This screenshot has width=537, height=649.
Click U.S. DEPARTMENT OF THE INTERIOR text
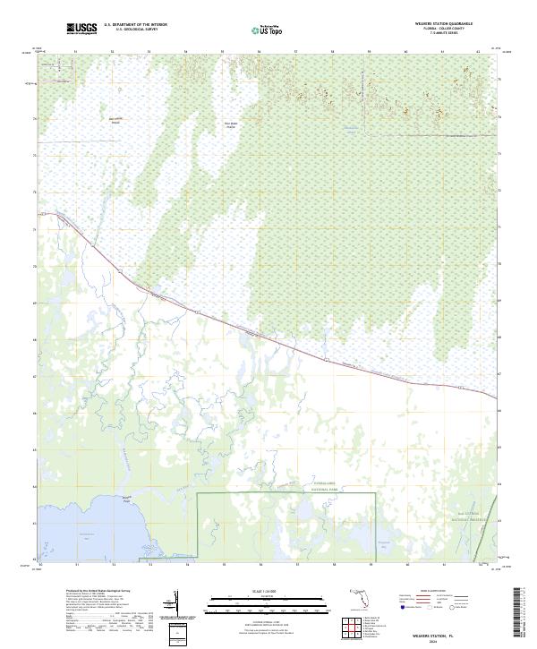point(135,25)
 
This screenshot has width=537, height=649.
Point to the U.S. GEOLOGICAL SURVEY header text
point(135,30)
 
